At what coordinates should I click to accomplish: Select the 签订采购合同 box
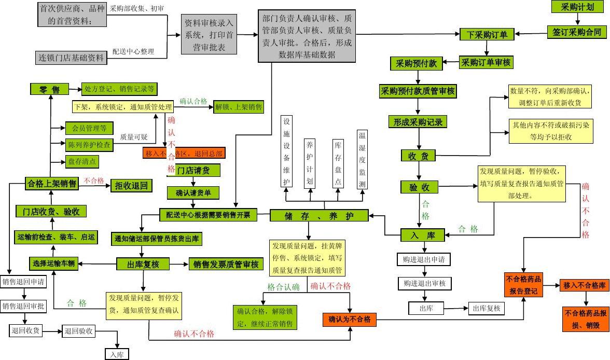576,32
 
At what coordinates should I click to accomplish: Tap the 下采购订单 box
487,35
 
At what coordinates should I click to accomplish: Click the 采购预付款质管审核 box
418,91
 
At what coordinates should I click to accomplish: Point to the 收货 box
418,156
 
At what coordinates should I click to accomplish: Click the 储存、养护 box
319,216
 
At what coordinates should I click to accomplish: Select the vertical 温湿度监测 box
362,160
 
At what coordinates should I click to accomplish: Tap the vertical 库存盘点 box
338,163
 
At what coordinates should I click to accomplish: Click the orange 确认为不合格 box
350,320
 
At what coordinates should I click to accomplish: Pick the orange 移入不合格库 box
584,285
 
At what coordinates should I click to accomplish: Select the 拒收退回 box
131,185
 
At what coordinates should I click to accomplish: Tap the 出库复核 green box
143,264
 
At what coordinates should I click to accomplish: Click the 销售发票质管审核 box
226,265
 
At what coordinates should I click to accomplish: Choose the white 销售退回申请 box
23,282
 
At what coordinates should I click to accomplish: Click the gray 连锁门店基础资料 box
72,58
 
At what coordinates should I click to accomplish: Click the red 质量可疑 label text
134,137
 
